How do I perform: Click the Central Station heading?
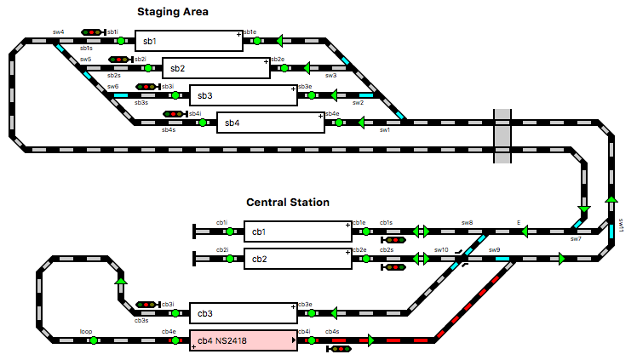[288, 203]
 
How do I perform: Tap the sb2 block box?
[216, 68]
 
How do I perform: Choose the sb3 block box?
[243, 95]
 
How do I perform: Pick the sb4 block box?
[270, 123]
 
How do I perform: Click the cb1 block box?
[297, 231]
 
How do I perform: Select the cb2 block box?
[297, 259]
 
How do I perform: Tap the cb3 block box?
[243, 313]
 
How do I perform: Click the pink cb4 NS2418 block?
[243, 340]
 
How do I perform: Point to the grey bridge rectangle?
[502, 135]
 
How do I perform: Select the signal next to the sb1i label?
[92, 32]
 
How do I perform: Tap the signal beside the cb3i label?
[147, 304]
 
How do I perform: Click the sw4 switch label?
[58, 32]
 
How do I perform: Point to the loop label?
[86, 331]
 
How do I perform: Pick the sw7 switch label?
[576, 240]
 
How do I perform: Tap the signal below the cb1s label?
[395, 240]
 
